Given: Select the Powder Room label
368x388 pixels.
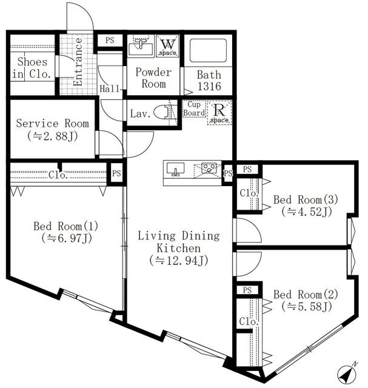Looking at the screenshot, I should coord(153,78).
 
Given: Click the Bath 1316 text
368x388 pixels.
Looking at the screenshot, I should coord(209,81).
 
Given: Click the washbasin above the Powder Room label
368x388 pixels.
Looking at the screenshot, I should coord(141,46).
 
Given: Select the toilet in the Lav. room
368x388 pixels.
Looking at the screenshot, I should coord(162,112).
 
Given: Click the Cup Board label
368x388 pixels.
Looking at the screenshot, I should coord(193,109).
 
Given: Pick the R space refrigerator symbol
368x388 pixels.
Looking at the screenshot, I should coord(218,113).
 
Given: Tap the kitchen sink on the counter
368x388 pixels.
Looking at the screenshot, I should coord(176,168).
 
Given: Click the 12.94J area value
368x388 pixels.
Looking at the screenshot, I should coord(179,261).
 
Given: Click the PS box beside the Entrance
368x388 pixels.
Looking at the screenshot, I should coord(110,41).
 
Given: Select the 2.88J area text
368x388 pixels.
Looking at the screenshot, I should coord(52,136).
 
